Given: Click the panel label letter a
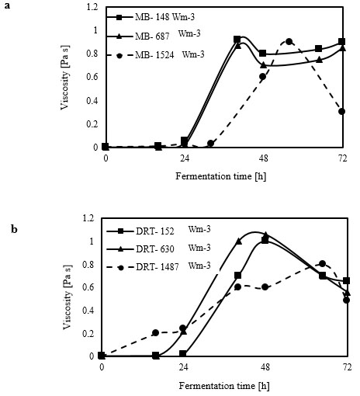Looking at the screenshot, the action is click(7, 5).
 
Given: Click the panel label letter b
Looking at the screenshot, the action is click(14, 229).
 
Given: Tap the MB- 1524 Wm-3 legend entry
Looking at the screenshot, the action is click(155, 55).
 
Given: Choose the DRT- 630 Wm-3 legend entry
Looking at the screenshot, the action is click(159, 248).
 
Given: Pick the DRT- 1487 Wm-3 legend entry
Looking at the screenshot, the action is click(159, 266).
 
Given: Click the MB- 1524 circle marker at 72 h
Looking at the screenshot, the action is click(342, 112).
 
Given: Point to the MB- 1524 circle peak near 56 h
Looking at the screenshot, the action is click(289, 41).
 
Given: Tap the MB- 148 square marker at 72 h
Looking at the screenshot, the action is click(342, 41).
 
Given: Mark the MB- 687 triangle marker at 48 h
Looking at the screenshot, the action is click(263, 65).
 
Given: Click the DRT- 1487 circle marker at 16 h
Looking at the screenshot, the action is click(155, 332).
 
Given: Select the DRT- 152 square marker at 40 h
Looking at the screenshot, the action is click(238, 276).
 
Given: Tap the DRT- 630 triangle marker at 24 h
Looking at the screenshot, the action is click(183, 332).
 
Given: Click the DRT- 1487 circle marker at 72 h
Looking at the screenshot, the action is click(347, 300).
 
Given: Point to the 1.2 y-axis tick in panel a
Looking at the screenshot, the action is click(92, 7).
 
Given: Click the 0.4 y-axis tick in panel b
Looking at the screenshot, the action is click(88, 310).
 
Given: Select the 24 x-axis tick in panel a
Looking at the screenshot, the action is click(185, 158).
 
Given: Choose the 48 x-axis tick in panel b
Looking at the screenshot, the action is click(265, 366).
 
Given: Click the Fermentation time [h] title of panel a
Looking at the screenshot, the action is click(221, 176).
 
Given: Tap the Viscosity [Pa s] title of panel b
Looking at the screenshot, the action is click(67, 297).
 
